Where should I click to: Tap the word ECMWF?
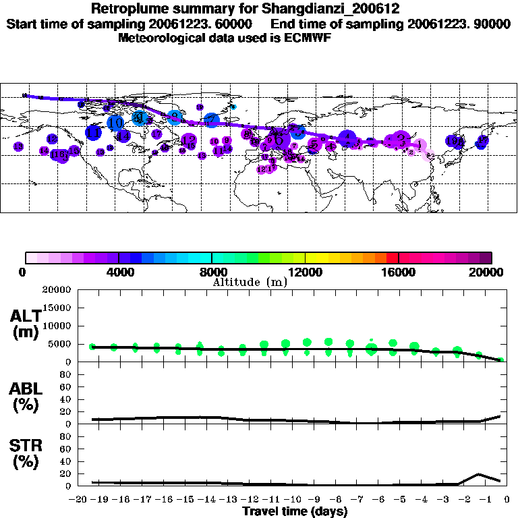pyautogui.click(x=310, y=38)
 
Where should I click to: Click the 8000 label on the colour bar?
pyautogui.click(x=211, y=272)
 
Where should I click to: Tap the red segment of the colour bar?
pyautogui.click(x=392, y=257)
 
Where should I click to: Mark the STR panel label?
pyautogui.click(x=26, y=454)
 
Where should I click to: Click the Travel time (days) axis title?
pyautogui.click(x=295, y=511)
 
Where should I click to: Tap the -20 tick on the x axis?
pyautogui.click(x=80, y=499)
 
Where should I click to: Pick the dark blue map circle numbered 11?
pyautogui.click(x=94, y=133)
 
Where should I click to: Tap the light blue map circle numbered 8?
pyautogui.click(x=174, y=117)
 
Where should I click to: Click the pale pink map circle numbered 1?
pyautogui.click(x=419, y=145)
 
